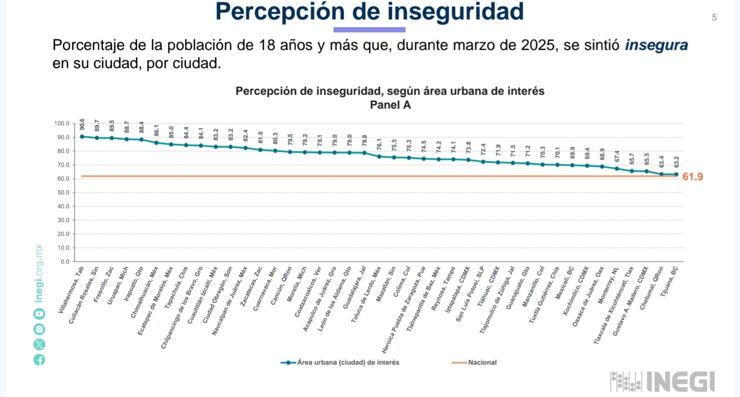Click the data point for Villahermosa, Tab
point(82,136)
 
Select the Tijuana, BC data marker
point(676,174)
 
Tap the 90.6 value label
point(82,124)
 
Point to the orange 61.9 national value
point(692,177)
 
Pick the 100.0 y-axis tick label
point(62,123)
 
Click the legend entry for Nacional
point(482,363)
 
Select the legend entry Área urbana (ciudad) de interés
point(347,363)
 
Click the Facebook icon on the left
point(39,360)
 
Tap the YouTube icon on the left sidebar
point(39,314)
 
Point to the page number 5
point(714,18)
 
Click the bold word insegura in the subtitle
point(656,45)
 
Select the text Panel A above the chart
point(390,105)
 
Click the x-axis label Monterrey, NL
point(607,285)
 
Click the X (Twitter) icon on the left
point(39,344)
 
